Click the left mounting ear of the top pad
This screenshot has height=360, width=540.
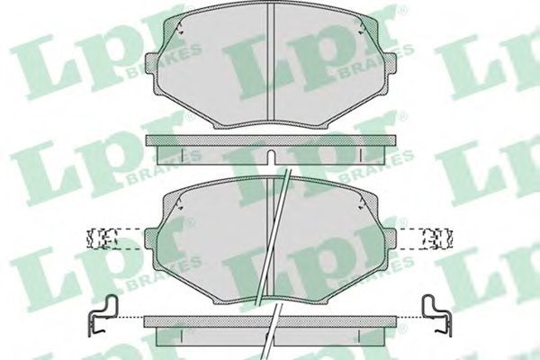[152, 63]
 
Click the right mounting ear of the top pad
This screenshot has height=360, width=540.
[391, 63]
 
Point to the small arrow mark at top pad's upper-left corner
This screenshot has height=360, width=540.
[179, 28]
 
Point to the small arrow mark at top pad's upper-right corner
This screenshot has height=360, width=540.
[361, 28]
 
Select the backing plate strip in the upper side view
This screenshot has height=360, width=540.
[271, 140]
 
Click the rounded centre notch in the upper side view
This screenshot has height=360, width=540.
[271, 157]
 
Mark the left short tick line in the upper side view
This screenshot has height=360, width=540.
[182, 155]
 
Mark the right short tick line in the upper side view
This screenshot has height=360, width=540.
[360, 155]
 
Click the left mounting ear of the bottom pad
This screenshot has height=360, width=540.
[151, 238]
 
